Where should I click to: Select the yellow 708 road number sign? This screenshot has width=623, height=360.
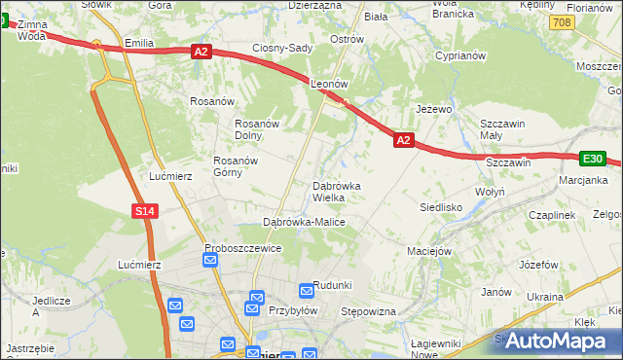560,20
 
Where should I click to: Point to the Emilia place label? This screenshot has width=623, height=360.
140,44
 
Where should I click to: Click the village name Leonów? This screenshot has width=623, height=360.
329,85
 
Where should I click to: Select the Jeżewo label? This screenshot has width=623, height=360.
434,109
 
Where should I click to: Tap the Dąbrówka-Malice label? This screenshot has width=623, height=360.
305,222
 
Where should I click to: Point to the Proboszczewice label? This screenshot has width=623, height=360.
243,248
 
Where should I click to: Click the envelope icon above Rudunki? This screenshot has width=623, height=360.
307,289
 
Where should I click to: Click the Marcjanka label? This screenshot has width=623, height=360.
584,180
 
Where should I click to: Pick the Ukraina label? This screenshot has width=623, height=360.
545,295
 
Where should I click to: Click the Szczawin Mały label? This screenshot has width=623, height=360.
503,129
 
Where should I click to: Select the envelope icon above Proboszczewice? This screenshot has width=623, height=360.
211,260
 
